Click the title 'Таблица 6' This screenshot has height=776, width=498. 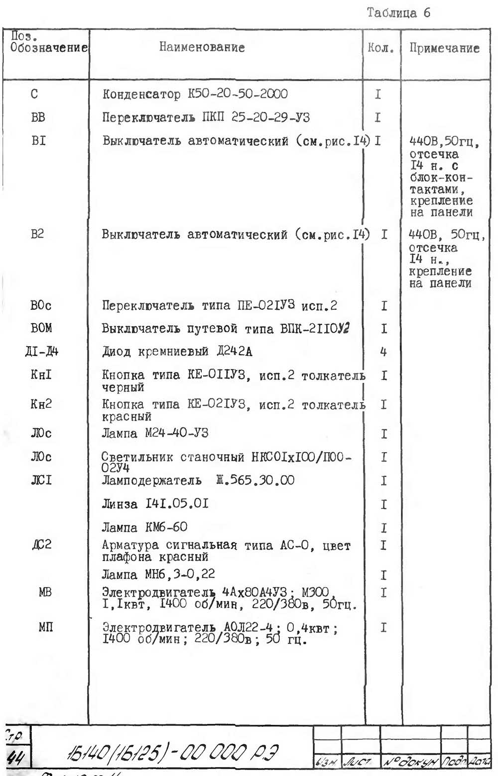pos(398,13)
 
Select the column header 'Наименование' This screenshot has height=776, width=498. pos(202,47)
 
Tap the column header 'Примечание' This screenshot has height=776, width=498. pos(444,48)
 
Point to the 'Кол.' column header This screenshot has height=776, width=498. pos(381,48)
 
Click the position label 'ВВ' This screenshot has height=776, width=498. pos(38,117)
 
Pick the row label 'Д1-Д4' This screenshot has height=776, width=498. pos(41,352)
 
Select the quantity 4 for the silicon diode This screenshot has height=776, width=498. pos(383,352)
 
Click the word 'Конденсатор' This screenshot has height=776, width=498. pos(141,94)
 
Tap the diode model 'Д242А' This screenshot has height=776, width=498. pos(234,352)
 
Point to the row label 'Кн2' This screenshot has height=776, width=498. pos(41,404)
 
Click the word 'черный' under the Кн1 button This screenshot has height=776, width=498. pos(123,387)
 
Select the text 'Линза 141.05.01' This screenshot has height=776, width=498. pos(155,504)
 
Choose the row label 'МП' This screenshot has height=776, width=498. pos(45,627)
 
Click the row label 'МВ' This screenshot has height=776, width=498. pos(45,592)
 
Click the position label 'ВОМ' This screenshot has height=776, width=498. pos(41,328)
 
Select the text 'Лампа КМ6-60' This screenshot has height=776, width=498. pos(144,527)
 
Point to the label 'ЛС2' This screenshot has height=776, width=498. pos(42,545)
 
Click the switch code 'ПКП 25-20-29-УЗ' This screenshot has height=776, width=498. pos(256,117)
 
